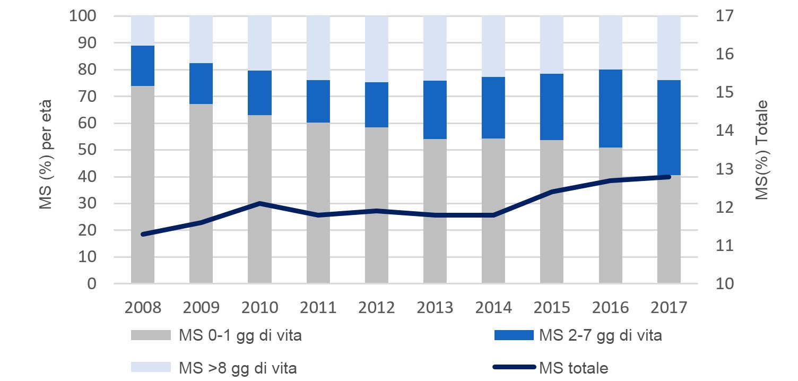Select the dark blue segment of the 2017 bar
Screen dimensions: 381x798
pos(669,127)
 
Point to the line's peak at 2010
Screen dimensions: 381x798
pos(259,203)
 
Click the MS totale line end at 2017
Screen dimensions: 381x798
pos(669,177)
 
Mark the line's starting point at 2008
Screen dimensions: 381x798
pos(143,234)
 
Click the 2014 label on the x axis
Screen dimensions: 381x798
pos(493,307)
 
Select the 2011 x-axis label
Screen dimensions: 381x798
pos(318,307)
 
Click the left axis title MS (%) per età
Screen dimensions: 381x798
pos(46,150)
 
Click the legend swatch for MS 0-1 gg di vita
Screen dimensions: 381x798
pos(151,336)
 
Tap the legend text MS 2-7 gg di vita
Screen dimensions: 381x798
pos(600,336)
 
